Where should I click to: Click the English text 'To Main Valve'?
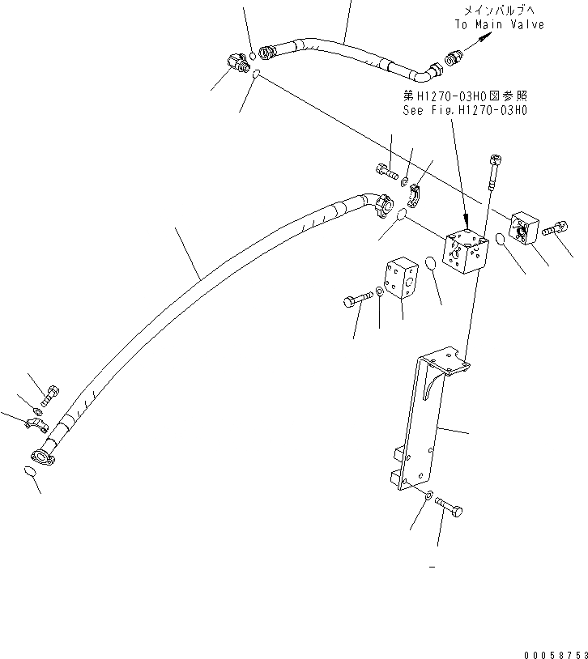click(498, 24)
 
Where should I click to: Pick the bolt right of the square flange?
click(554, 230)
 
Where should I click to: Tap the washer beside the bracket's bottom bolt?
click(428, 495)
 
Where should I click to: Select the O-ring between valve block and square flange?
click(501, 240)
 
